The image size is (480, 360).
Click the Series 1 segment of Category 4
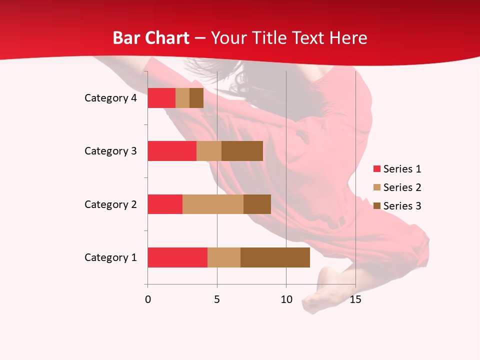point(161,98)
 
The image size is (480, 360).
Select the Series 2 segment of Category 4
point(182,98)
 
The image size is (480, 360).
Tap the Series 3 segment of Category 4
point(196,98)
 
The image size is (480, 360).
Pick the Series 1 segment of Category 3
point(172,151)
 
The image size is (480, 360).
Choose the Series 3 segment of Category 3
point(242,151)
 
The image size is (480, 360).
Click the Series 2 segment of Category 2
point(213,204)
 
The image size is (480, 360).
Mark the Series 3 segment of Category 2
point(257,204)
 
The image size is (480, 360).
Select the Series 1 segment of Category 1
point(177,257)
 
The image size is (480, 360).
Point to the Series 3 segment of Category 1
point(275,257)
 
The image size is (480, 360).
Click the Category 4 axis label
point(110,98)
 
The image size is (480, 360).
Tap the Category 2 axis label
point(110,204)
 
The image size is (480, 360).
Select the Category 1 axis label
point(110,257)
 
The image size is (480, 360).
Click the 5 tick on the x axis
point(217,299)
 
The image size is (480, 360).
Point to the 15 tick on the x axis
point(355,299)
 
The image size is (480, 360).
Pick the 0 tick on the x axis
point(147,299)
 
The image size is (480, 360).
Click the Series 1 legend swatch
point(377,169)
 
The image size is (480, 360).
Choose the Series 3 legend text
point(402,206)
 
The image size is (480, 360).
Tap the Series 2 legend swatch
point(377,187)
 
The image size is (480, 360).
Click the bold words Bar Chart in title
point(151,38)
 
